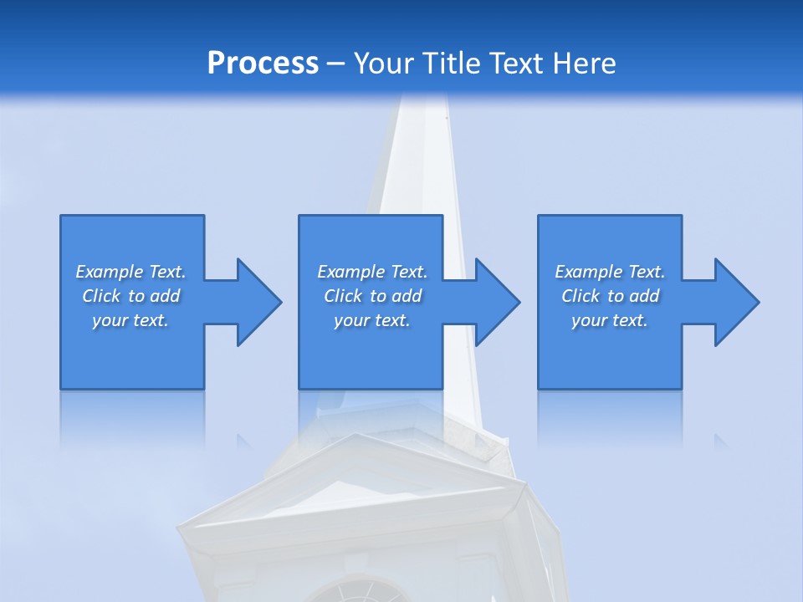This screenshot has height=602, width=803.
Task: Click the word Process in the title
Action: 263,64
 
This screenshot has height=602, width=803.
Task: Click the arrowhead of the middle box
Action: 496,302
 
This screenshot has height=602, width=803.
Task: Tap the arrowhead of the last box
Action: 735,302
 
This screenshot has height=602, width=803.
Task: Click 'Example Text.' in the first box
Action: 130,272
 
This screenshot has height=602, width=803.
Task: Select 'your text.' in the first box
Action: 130,320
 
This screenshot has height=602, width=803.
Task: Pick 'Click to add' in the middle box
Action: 372,296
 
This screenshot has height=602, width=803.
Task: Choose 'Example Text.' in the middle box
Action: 372,272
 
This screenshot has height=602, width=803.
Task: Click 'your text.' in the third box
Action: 610,320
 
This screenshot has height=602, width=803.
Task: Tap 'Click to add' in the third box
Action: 610,296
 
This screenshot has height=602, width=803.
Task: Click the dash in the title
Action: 335,64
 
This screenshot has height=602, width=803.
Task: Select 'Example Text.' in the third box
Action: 610,272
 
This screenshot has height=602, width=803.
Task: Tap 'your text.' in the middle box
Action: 372,320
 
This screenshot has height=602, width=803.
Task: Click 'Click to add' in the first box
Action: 130,296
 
